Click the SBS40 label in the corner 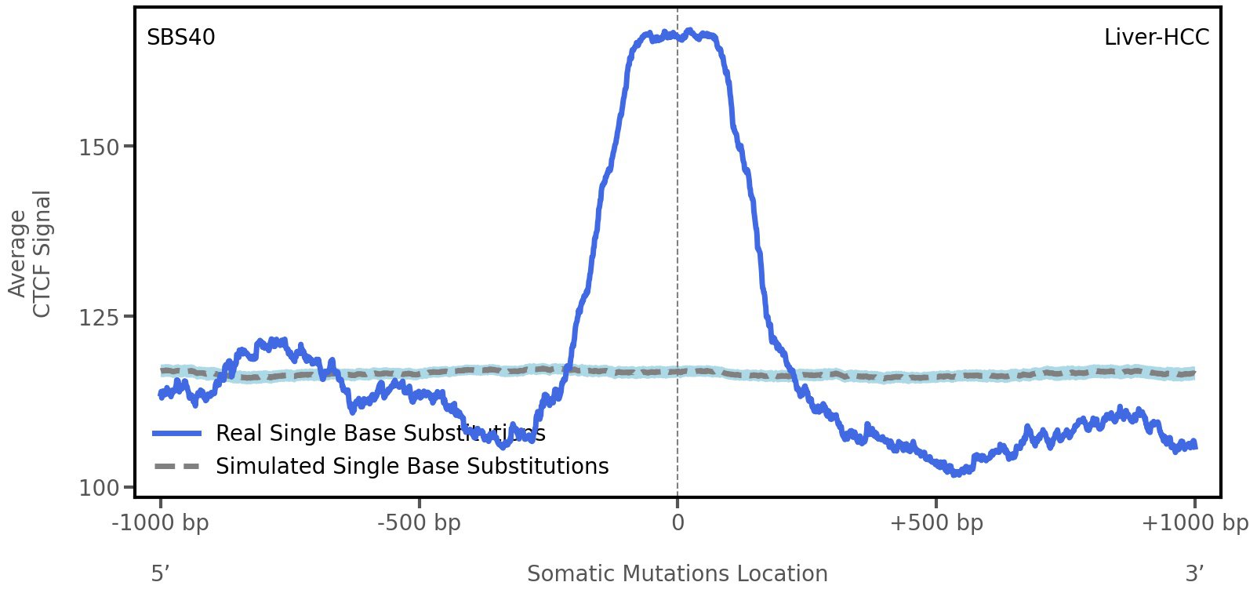[x=181, y=38]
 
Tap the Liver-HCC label [x=1156, y=38]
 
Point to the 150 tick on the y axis [x=99, y=147]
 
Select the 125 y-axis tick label [x=99, y=317]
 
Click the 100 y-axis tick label [x=99, y=488]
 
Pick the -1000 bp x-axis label [x=161, y=522]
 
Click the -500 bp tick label [x=419, y=522]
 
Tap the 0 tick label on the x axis [x=678, y=522]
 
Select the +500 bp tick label [x=936, y=522]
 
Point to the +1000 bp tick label [x=1194, y=522]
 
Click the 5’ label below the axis [x=161, y=574]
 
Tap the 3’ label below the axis [x=1194, y=574]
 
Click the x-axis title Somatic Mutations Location [x=678, y=574]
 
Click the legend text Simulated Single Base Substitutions [x=412, y=467]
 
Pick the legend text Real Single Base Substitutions [x=380, y=434]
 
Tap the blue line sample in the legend [x=177, y=434]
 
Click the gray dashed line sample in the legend [x=177, y=467]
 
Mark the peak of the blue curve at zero [x=678, y=35]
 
